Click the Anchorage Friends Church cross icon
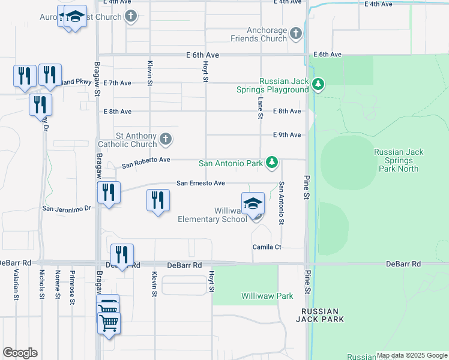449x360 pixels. pyautogui.click(x=296, y=33)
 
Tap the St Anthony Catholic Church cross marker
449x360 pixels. pyautogui.click(x=166, y=140)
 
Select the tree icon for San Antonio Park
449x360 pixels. pyautogui.click(x=272, y=163)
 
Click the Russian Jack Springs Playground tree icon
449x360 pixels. pyautogui.click(x=319, y=85)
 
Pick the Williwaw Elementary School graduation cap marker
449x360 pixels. pyautogui.click(x=253, y=203)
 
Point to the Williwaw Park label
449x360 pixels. pyautogui.click(x=267, y=296)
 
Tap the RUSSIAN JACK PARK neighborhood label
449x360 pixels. pyautogui.click(x=323, y=316)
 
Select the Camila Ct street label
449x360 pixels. pyautogui.click(x=267, y=247)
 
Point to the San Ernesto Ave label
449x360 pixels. pyautogui.click(x=200, y=183)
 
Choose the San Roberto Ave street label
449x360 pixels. pyautogui.click(x=146, y=163)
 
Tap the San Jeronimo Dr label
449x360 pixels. pyautogui.click(x=66, y=208)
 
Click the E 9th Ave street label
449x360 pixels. pyautogui.click(x=286, y=135)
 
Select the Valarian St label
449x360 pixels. pyautogui.click(x=16, y=283)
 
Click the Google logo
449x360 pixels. pyautogui.click(x=20, y=353)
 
